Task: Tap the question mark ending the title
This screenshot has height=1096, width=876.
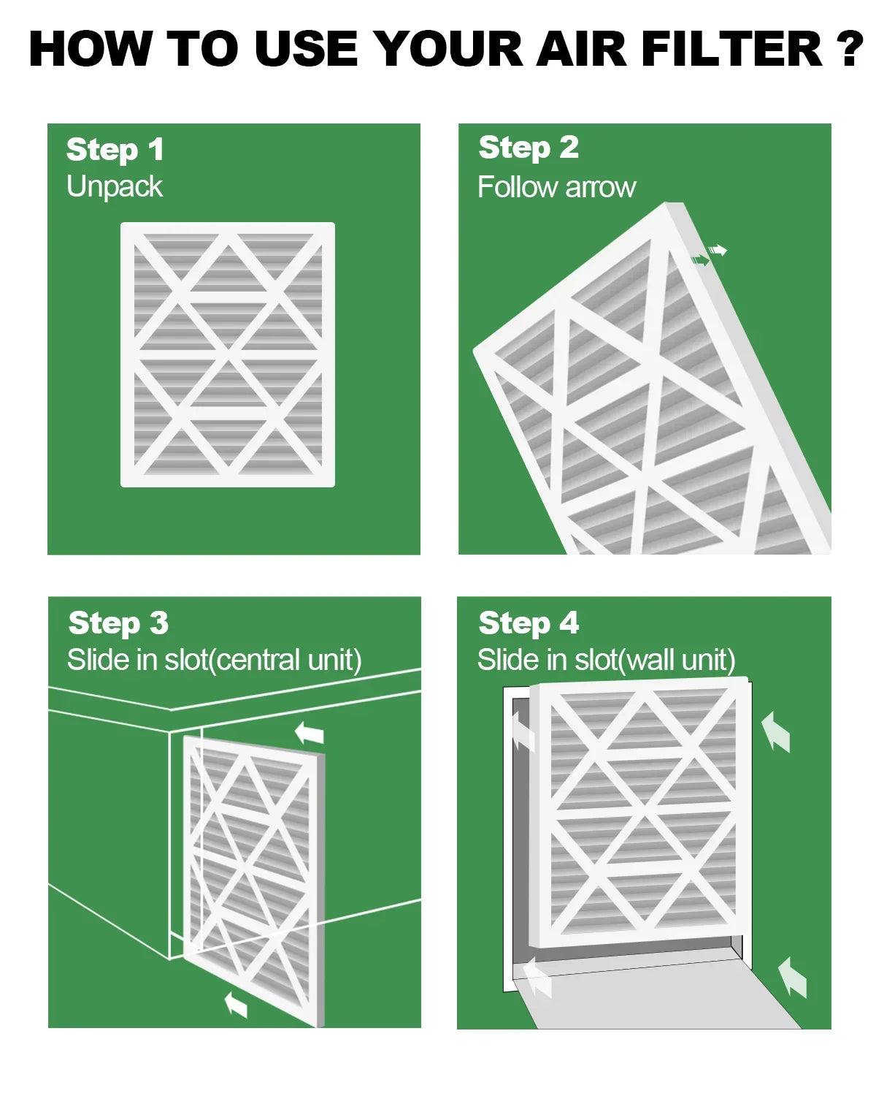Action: click(849, 50)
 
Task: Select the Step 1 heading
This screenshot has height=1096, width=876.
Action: click(115, 150)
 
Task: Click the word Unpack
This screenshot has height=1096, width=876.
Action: click(114, 187)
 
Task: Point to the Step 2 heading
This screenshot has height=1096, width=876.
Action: click(529, 148)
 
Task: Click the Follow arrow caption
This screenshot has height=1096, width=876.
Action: click(556, 188)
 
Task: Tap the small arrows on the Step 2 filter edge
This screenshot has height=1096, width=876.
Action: click(709, 255)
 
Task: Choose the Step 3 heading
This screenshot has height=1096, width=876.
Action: click(118, 623)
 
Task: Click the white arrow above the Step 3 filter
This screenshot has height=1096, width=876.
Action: click(310, 733)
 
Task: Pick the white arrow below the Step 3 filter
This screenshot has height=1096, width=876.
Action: click(236, 1004)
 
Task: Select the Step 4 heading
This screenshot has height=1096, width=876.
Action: click(529, 623)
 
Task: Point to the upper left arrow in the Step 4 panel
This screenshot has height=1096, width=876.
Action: click(523, 732)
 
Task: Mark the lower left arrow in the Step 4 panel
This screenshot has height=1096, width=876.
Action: click(537, 978)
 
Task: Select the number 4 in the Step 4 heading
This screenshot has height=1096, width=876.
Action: click(569, 623)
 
